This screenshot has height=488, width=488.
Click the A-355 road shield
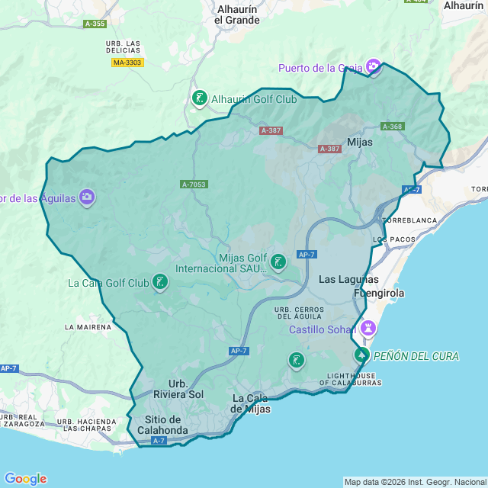[95, 24]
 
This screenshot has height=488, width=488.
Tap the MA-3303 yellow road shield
[127, 63]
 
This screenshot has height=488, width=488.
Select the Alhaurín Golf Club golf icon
[199, 98]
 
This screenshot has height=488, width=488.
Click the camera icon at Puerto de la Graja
[373, 68]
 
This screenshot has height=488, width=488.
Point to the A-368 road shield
[393, 127]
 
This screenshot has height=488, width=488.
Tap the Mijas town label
[360, 142]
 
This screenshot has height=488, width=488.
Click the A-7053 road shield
[194, 185]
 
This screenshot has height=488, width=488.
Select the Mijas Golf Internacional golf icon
[278, 262]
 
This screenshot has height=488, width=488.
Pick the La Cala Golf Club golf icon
[159, 283]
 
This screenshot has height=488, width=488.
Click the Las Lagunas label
[343, 279]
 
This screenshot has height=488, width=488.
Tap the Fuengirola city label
[379, 293]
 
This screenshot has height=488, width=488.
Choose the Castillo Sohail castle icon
[368, 329]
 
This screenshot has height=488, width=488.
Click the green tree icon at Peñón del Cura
[361, 355]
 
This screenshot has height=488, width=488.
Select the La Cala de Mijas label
[251, 403]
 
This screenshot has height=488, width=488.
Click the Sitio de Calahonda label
[162, 425]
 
